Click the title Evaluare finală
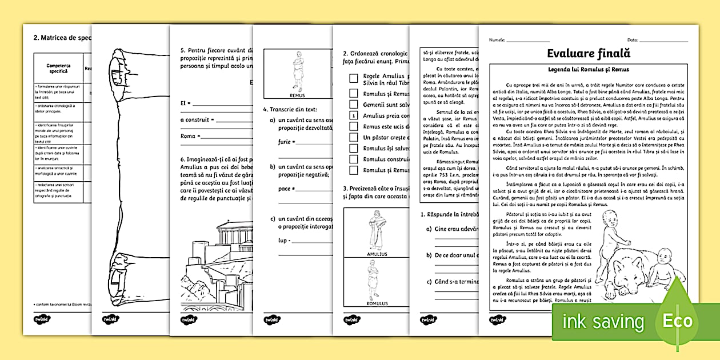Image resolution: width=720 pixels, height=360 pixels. pos(588,54)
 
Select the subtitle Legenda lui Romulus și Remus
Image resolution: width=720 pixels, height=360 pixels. pos(588,69)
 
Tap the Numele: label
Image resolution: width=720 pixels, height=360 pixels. pos(497,39)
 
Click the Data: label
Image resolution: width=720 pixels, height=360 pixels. pos(633,39)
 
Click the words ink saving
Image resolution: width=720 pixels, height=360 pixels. pos(603,321)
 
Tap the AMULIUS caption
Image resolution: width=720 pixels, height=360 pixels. pos(375,254)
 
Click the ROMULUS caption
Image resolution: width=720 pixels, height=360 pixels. pos(375,303)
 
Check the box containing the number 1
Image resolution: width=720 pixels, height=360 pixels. pos(354,115)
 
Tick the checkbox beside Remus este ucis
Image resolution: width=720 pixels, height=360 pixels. pos(354,126)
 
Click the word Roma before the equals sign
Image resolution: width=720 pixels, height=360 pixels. pos(188,136)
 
